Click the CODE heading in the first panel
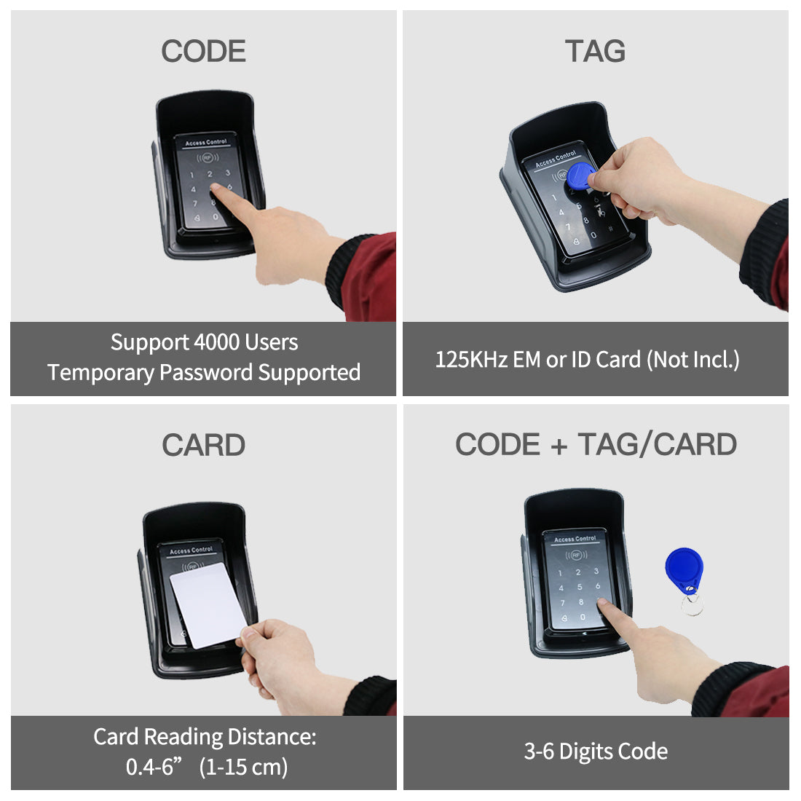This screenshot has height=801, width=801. pyautogui.click(x=203, y=52)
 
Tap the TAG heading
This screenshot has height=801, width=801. pyautogui.click(x=595, y=52)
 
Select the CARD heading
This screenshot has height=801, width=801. pyautogui.click(x=203, y=445)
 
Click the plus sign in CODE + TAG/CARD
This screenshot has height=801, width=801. pyautogui.click(x=559, y=446)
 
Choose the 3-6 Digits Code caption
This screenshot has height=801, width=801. pyautogui.click(x=596, y=751)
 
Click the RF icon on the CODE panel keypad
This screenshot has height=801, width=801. pyautogui.click(x=208, y=156)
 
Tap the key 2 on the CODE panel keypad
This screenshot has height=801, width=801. pyautogui.click(x=210, y=174)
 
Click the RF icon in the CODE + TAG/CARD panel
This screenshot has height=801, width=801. pyautogui.click(x=576, y=555)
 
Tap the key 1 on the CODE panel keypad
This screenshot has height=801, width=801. pyautogui.click(x=192, y=175)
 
